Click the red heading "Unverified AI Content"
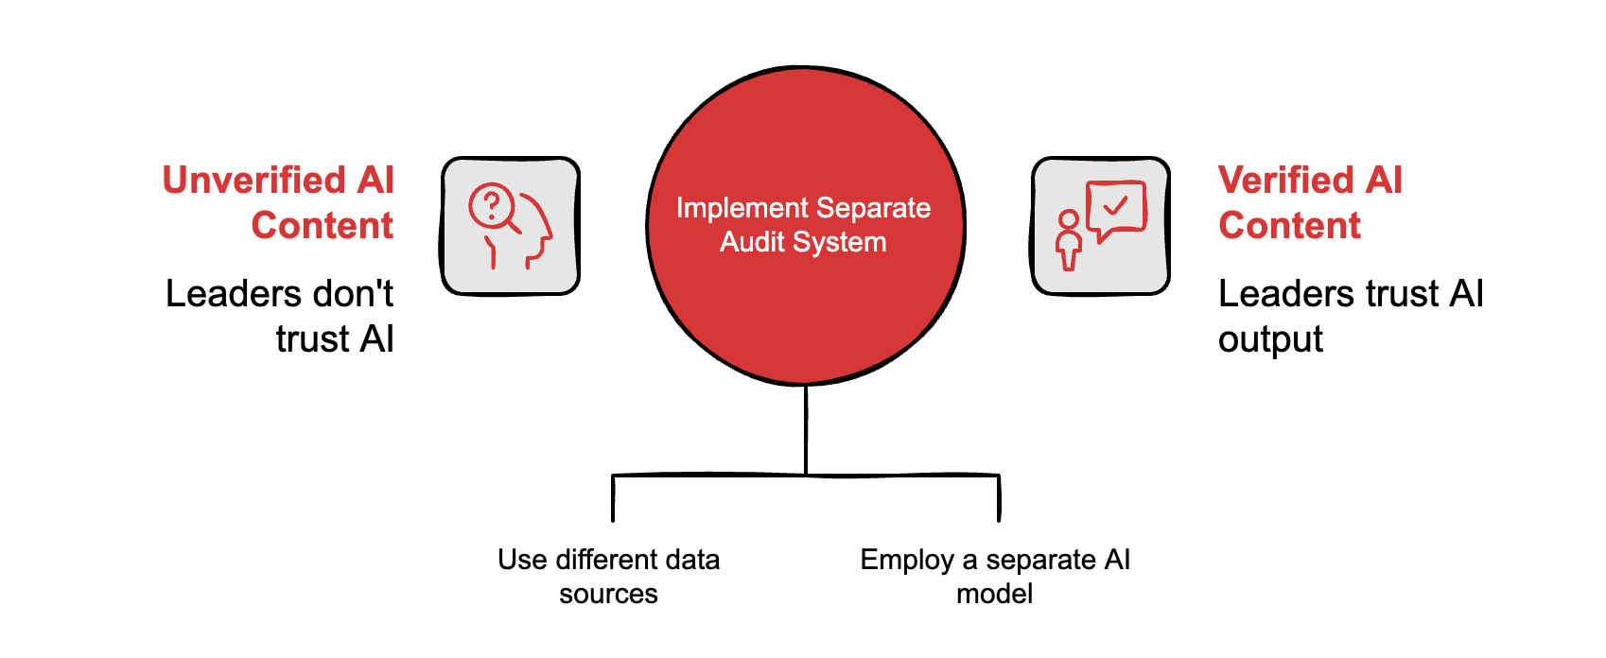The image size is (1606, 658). (278, 202)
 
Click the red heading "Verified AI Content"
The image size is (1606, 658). (1310, 202)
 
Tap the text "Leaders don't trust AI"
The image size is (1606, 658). (280, 316)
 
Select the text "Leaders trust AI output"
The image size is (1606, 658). (1350, 316)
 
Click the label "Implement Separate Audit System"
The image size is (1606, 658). (803, 225)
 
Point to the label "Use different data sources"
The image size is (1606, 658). (608, 576)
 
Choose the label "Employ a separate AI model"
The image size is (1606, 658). (995, 576)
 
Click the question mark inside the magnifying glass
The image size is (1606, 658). (491, 204)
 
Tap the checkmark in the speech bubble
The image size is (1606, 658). (1116, 204)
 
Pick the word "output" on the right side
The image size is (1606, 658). (1270, 339)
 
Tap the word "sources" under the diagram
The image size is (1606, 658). (608, 594)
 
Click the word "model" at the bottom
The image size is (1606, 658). (995, 594)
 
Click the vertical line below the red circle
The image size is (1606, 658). (806, 430)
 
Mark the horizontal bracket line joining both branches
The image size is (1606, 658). (709, 475)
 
